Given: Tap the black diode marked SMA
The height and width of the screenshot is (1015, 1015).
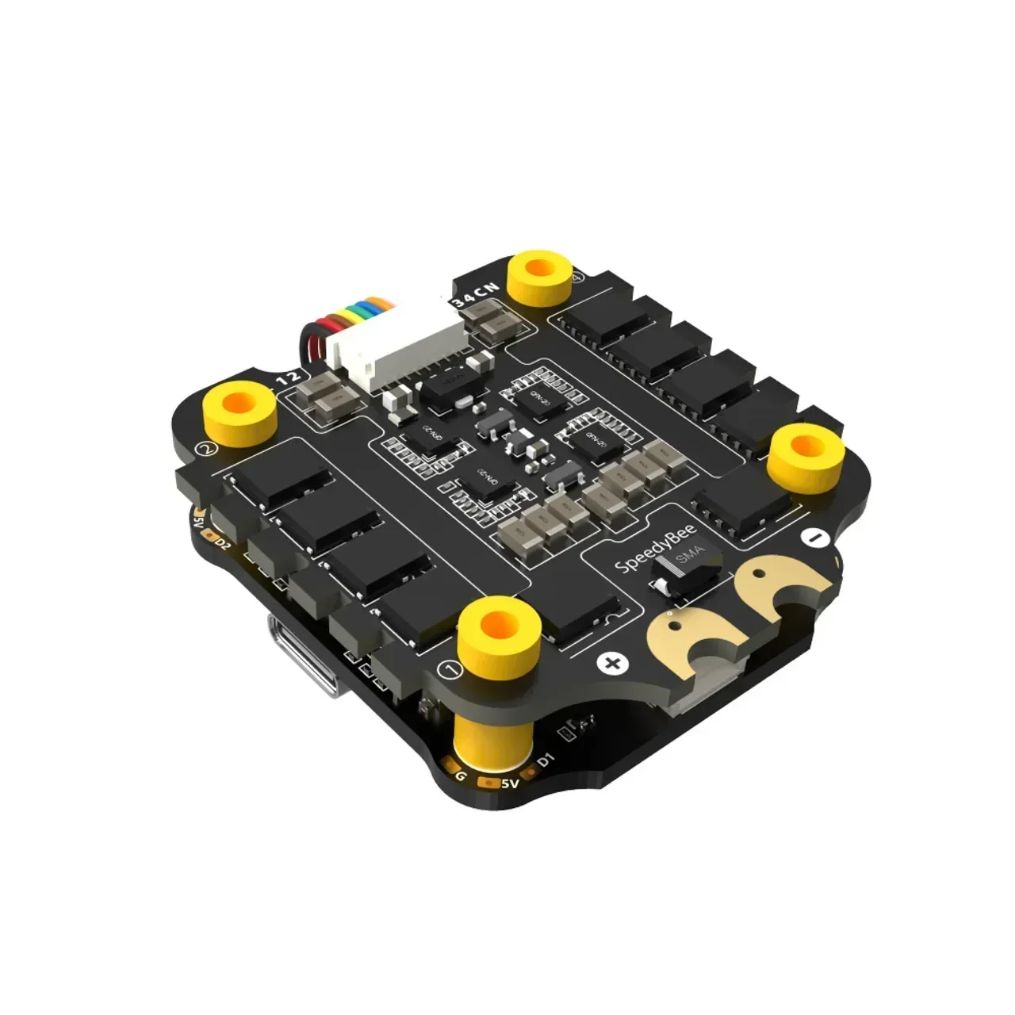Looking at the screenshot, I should (x=686, y=566).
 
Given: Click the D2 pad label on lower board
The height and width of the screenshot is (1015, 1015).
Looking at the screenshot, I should (x=224, y=545).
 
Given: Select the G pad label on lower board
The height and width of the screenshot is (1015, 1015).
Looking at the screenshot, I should (x=460, y=775).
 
